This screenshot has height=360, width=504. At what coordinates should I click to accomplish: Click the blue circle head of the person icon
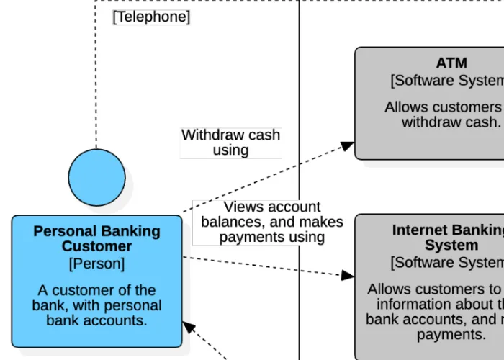[96, 177]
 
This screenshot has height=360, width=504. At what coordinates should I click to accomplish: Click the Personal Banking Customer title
[96, 239]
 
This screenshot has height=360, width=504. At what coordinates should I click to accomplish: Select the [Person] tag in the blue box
[96, 264]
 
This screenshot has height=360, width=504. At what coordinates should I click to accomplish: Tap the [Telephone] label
[151, 17]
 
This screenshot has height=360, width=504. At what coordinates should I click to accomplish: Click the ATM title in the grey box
[451, 63]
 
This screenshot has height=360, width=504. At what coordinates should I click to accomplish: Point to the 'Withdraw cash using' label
[230, 143]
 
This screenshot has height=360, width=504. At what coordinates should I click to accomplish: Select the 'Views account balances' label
[271, 222]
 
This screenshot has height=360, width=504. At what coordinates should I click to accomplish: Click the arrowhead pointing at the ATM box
[348, 145]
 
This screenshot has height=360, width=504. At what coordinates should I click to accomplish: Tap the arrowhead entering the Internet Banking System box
[348, 275]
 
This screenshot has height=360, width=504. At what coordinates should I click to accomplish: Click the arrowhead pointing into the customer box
[189, 327]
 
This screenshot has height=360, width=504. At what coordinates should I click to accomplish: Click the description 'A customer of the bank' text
[96, 305]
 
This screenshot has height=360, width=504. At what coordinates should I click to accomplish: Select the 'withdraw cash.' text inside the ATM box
[451, 122]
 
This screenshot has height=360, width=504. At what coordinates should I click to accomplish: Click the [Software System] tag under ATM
[446, 80]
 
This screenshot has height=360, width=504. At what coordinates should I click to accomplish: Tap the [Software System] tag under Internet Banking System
[446, 263]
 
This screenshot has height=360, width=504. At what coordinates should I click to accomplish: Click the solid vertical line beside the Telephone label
[299, 72]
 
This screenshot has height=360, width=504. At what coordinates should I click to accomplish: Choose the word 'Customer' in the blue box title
[96, 247]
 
